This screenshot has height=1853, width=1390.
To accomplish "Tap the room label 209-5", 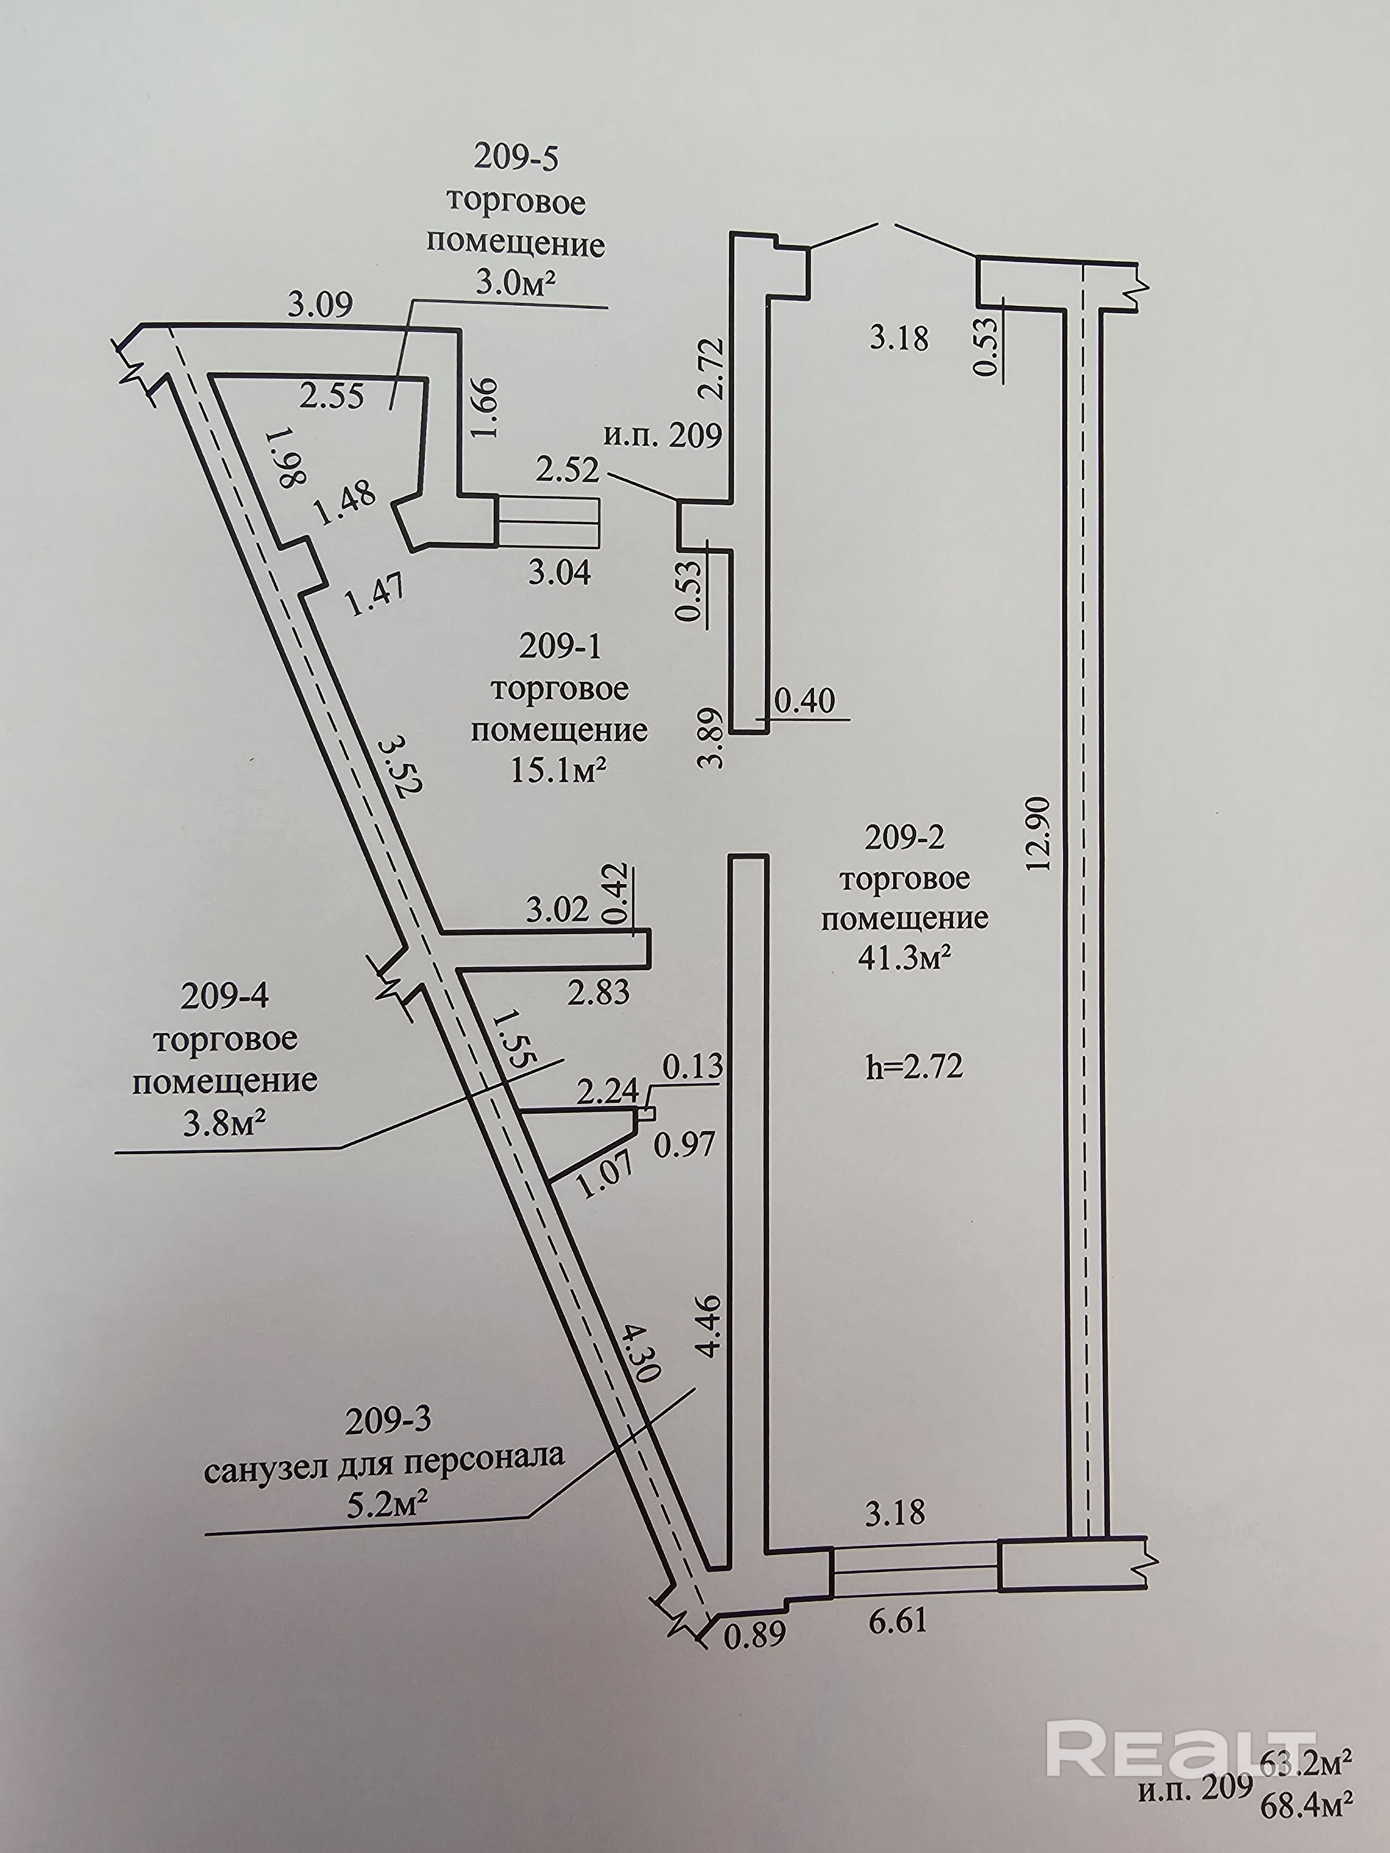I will (x=515, y=158).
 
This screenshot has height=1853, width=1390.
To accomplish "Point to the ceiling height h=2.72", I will (x=914, y=1067).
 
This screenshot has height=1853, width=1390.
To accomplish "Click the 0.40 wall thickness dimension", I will (x=805, y=700).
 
